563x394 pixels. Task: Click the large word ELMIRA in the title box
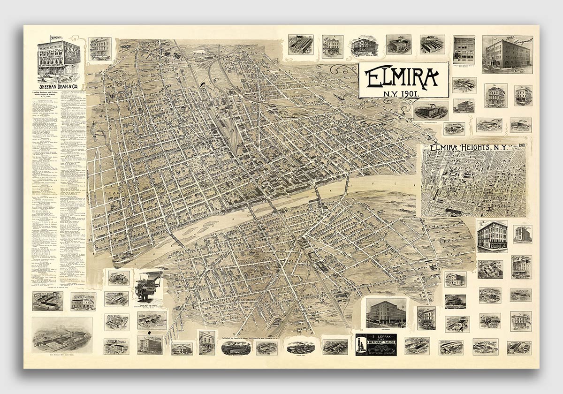[403, 78]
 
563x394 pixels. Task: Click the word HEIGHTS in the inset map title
[475, 147]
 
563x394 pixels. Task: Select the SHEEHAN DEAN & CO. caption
[59, 86]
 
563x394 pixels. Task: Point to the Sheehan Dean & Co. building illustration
[59, 59]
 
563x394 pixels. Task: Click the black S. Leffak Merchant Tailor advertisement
[376, 344]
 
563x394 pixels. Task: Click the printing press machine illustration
[148, 286]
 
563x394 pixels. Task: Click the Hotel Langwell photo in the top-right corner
[507, 54]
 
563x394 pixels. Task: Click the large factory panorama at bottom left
[62, 335]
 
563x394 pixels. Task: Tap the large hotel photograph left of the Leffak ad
[386, 313]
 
